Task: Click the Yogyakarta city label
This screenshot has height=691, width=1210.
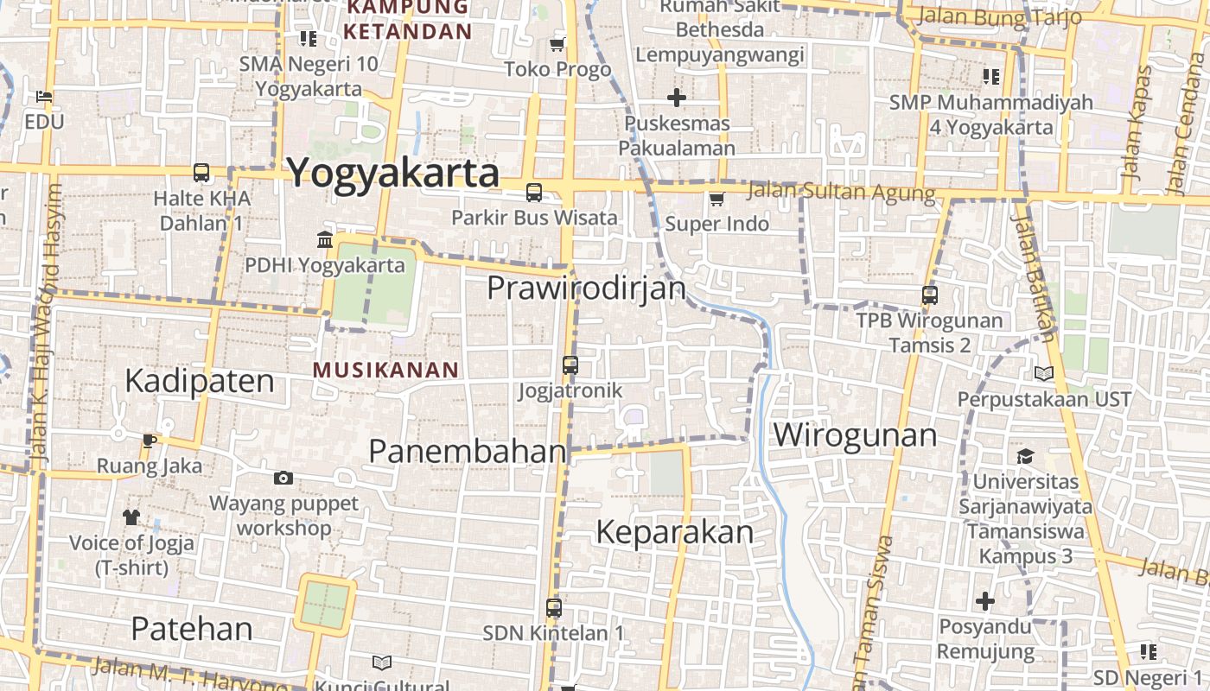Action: click(393, 173)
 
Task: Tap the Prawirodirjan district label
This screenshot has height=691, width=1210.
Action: click(586, 288)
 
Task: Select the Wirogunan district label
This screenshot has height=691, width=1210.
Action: click(855, 434)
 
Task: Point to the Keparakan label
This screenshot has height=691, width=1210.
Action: click(675, 532)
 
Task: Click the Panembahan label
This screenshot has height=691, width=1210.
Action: click(468, 450)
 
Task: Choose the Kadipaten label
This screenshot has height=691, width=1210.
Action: click(200, 381)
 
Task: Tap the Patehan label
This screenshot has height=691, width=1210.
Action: click(192, 629)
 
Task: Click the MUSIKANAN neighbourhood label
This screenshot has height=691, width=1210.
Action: click(385, 371)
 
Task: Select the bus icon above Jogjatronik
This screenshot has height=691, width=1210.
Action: click(570, 365)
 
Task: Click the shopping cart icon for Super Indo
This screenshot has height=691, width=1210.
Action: click(716, 200)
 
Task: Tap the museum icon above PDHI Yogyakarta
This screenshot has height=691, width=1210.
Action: click(325, 239)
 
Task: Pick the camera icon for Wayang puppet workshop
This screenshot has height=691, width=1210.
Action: click(283, 478)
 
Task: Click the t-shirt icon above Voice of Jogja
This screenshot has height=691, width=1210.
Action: click(131, 517)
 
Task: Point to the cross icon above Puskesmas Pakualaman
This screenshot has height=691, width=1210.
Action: click(677, 98)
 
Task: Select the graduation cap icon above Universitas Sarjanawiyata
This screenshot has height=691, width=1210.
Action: click(1025, 456)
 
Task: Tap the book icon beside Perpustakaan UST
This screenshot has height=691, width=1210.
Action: click(1044, 373)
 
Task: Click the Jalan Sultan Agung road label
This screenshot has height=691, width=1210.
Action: click(841, 191)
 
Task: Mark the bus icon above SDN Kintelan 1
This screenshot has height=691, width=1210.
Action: click(554, 607)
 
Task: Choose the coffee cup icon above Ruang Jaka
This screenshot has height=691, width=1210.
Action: click(150, 441)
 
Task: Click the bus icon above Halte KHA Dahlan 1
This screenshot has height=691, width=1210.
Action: click(201, 173)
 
